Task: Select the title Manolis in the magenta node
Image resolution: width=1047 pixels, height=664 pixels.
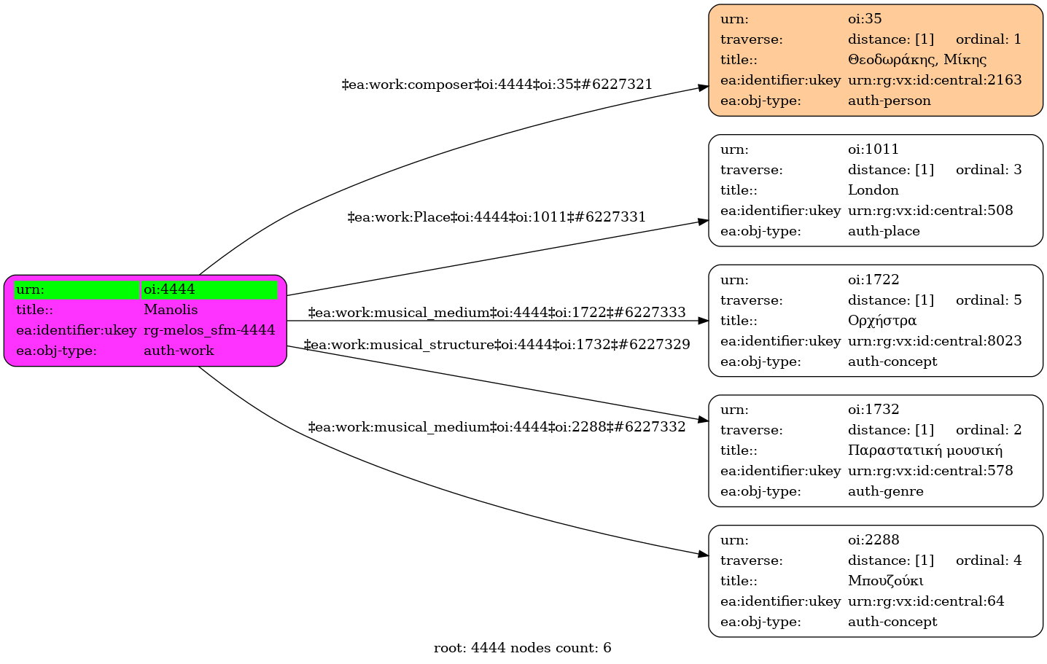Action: (171, 310)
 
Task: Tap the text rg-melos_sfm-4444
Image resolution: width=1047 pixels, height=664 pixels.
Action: (209, 330)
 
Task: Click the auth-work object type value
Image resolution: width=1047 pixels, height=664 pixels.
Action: (179, 351)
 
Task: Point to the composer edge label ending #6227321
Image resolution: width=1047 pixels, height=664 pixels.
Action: (497, 85)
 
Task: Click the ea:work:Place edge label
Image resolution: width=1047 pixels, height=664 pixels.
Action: (497, 217)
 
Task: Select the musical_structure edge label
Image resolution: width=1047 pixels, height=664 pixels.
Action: (497, 344)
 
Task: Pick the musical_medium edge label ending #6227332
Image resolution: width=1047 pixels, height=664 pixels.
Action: (497, 427)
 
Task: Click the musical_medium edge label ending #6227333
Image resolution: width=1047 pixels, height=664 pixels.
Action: (497, 313)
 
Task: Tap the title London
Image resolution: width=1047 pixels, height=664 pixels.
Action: (873, 190)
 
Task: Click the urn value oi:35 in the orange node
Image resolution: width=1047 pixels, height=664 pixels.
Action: (865, 19)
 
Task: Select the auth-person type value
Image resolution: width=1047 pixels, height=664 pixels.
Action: (889, 101)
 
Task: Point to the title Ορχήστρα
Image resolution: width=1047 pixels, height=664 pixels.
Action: (881, 321)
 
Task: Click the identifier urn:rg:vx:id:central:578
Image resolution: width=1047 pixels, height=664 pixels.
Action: (930, 471)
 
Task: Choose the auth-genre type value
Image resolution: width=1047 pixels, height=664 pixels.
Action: (885, 491)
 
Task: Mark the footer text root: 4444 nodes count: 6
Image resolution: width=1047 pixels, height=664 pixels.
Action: (522, 648)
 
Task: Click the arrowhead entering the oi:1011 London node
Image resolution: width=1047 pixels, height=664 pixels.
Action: (703, 221)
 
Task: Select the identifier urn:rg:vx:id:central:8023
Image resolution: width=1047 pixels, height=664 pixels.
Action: (935, 341)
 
